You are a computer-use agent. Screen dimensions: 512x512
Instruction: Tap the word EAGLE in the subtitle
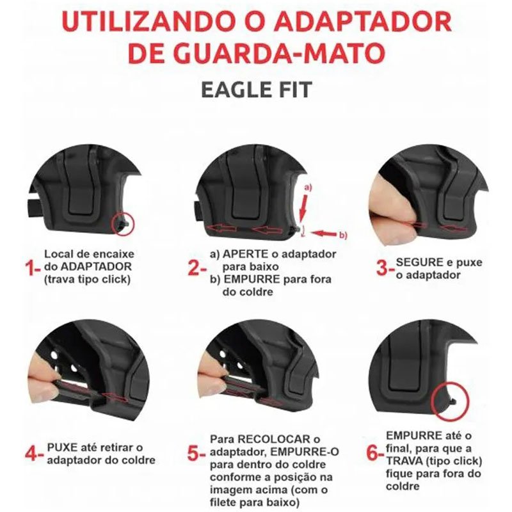point(232,90)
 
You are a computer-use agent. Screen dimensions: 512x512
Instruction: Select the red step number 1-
point(33,268)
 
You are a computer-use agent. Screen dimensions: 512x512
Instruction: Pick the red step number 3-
point(385,268)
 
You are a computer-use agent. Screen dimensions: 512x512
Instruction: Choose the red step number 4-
point(35,454)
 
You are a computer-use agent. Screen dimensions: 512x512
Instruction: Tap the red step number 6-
point(376,453)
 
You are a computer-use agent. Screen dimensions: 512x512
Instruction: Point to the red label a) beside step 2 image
point(308,188)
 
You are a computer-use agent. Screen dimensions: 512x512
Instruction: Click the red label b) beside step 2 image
point(343,235)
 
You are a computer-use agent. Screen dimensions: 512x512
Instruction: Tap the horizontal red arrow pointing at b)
point(323,233)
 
